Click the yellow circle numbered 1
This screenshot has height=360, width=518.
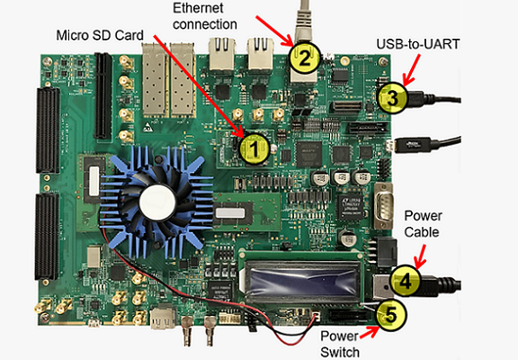pos(256,149)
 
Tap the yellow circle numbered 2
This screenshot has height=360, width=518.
pos(305,58)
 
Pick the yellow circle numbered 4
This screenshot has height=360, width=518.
pos(406,281)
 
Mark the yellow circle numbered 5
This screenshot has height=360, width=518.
pos(389,314)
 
